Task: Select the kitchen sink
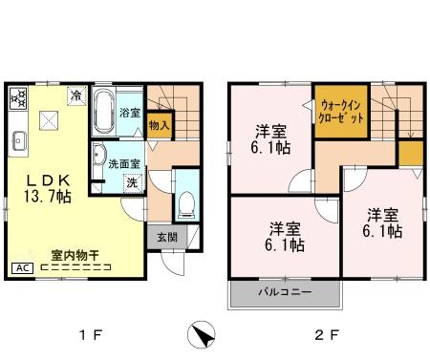point(18,144)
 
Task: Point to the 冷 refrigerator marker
point(75,95)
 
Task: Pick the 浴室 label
point(131,113)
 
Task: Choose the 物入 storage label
point(160,122)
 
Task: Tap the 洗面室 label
point(123,162)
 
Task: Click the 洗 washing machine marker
point(133,180)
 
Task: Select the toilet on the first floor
point(187,203)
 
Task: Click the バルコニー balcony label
point(284,293)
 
